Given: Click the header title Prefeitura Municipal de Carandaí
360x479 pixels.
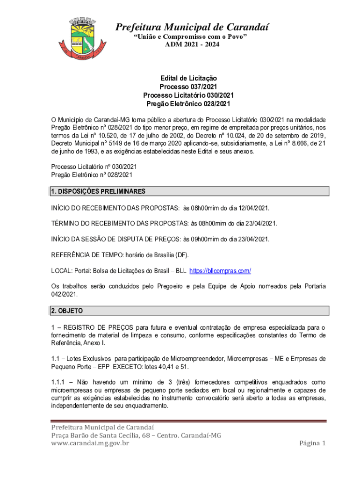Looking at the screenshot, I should point(192,27).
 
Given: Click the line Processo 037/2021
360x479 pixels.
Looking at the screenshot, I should point(188,87).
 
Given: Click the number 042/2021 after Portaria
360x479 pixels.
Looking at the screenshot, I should point(64,295).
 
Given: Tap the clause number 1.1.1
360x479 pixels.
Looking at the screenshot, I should point(58,382).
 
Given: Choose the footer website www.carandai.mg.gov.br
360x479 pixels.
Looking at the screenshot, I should point(90,443).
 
